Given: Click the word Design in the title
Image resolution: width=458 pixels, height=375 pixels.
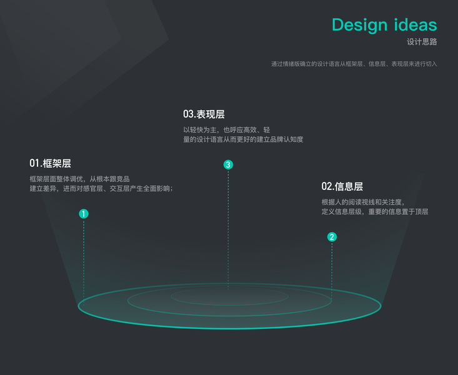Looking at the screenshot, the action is point(360,25).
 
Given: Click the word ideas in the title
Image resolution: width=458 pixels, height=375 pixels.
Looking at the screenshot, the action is point(416,25).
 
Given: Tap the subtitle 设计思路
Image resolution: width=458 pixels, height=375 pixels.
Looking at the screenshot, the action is point(422,42).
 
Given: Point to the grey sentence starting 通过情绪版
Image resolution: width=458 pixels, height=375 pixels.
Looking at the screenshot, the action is point(354,64).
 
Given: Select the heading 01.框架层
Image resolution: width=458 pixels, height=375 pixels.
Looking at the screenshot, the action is point(50,163).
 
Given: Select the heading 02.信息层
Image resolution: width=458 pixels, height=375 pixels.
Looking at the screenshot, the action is point(342,186).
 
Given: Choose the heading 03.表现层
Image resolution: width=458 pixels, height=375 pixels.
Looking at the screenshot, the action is point(204,114).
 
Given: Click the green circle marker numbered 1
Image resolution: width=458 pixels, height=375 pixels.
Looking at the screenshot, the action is point(84,214).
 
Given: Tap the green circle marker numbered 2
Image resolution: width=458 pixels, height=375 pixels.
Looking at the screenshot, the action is point(332,237).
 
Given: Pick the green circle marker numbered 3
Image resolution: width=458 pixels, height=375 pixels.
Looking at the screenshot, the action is point(228,165).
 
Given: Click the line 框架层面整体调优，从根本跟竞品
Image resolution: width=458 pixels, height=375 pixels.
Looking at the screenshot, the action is point(79,179).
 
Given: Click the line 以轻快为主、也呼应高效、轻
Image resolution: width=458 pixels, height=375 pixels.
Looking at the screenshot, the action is point(226,130).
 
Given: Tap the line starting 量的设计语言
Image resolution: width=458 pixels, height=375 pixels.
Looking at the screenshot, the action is point(242,139).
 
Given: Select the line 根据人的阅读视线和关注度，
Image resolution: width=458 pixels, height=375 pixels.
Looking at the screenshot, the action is point(363,202).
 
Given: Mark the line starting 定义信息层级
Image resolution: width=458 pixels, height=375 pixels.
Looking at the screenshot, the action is point(374,212).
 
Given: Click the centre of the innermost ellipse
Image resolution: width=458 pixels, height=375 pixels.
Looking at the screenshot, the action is point(229,296).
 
